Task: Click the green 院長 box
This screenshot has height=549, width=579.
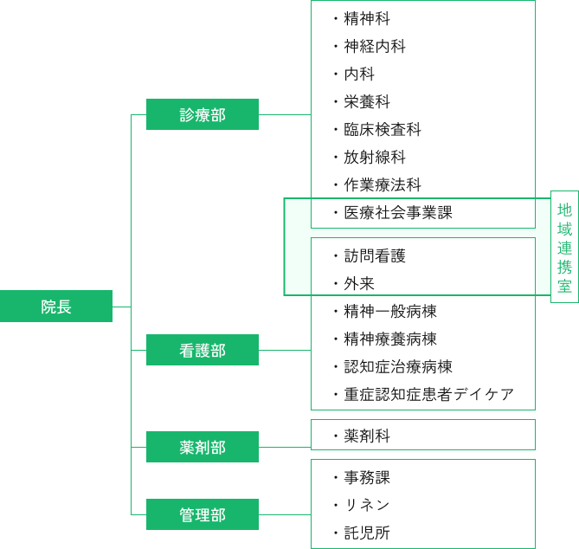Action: (x=56, y=307)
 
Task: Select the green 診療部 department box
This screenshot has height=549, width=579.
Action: (x=203, y=114)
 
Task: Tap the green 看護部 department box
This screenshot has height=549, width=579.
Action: (x=203, y=350)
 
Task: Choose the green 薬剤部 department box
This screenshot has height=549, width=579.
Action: (x=203, y=447)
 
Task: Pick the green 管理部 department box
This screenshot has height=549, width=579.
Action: (x=203, y=514)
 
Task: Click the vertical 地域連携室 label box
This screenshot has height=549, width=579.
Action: (x=564, y=247)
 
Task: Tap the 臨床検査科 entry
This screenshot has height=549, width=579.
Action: (x=382, y=130)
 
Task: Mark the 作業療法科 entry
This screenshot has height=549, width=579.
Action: (x=382, y=185)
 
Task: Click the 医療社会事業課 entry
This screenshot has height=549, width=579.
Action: (x=397, y=213)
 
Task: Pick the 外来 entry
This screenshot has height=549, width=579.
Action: (x=358, y=284)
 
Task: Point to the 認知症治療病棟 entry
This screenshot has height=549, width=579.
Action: (x=397, y=367)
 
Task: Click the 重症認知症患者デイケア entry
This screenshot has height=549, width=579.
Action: (x=428, y=395)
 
